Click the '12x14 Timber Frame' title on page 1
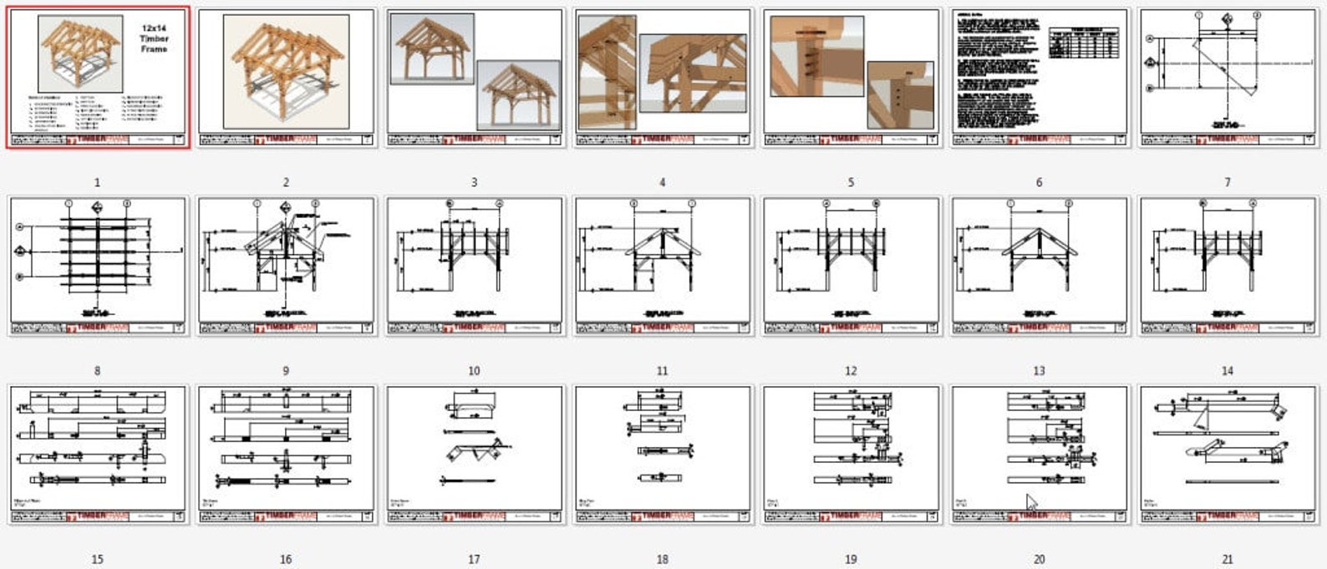(155, 38)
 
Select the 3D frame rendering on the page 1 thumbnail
(80, 53)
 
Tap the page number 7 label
(1227, 182)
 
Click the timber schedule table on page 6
(1085, 42)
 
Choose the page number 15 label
(97, 559)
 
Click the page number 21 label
(1227, 559)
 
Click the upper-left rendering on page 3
(433, 48)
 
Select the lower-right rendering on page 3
(518, 94)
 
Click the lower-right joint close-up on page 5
(899, 94)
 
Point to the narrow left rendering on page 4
(607, 73)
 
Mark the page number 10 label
(474, 371)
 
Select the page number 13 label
(1039, 371)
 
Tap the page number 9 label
(286, 371)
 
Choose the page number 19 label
(851, 559)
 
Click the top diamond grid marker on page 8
(98, 206)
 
